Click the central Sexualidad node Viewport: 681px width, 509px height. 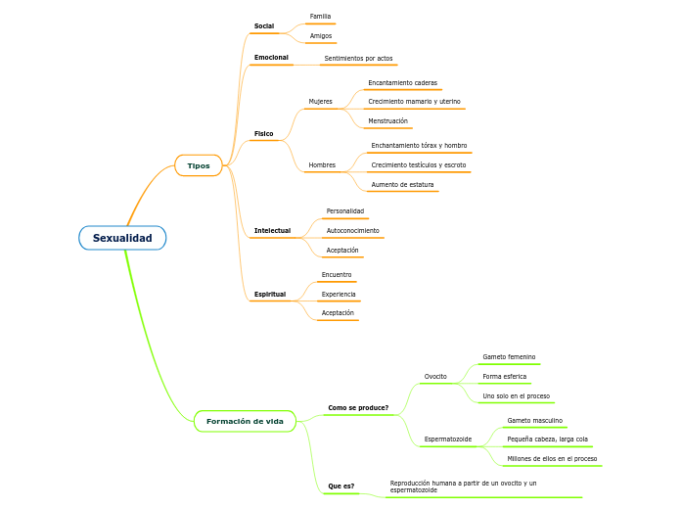[122, 238]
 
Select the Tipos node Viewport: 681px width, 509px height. [199, 165]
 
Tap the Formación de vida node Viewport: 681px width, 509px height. [245, 421]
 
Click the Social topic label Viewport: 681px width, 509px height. [264, 25]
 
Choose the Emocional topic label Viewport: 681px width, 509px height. [271, 58]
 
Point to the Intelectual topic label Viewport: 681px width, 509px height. [272, 230]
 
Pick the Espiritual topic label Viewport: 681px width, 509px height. [270, 294]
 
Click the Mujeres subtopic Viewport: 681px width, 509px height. [320, 102]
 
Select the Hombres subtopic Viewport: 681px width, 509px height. [322, 164]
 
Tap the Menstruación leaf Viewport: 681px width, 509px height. [387, 121]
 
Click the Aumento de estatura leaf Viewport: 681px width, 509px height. [402, 184]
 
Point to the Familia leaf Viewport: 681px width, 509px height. [320, 17]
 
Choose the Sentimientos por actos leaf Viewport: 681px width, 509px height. [358, 59]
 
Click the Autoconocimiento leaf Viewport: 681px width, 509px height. [352, 230]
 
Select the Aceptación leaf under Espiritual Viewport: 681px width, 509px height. [338, 313]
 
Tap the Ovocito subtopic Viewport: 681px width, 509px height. [435, 376]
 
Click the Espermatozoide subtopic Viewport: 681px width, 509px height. [448, 440]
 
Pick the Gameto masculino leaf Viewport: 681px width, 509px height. [534, 420]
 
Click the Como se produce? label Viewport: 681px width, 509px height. [358, 407]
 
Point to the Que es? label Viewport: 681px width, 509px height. [341, 486]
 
